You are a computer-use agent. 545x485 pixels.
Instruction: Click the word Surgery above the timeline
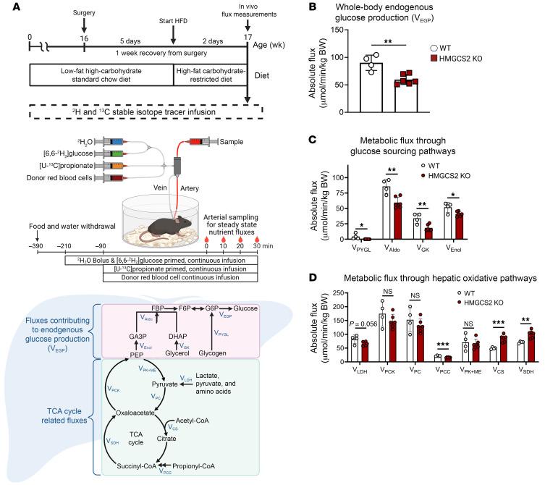click(84, 12)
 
